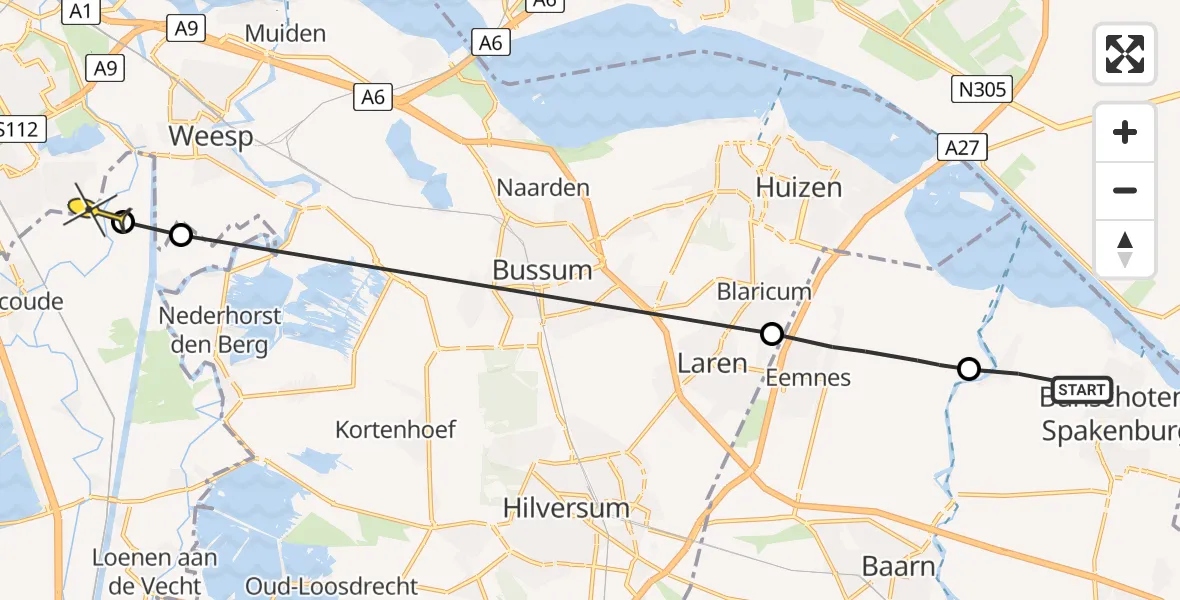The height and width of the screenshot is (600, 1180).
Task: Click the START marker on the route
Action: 1081,389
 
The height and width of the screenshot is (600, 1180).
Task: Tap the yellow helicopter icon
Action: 88,209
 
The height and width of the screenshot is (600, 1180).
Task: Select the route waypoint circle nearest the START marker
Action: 968,370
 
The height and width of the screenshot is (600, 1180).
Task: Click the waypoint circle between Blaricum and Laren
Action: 771,333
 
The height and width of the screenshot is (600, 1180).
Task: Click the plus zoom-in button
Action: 1125,133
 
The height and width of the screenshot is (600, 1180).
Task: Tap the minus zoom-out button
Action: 1125,190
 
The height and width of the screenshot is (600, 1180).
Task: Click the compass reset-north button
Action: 1125,248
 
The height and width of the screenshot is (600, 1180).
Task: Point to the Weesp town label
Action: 211,136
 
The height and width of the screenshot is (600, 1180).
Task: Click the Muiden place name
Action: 285,33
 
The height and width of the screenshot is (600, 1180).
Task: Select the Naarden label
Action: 544,187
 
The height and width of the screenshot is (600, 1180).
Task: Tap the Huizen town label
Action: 799,187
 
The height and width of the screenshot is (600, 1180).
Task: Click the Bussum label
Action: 542,270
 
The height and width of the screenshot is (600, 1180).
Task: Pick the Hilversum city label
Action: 568,508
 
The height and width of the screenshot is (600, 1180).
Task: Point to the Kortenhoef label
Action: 396,430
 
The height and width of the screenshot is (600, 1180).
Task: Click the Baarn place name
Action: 899,566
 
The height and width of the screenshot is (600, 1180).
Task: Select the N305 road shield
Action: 982,90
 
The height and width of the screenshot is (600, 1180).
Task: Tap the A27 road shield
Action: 962,148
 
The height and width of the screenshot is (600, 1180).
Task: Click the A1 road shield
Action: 82,11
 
